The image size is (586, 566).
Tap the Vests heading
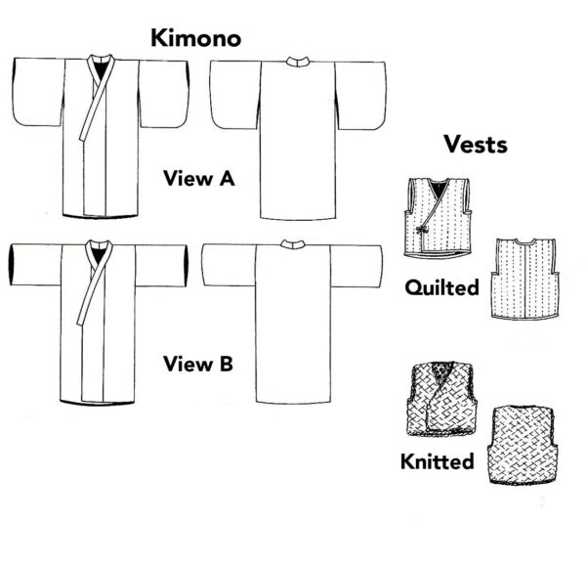click(475, 144)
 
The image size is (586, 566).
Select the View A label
click(198, 179)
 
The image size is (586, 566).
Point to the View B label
click(197, 365)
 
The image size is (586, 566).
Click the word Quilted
click(442, 288)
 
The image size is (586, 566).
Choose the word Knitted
click(438, 459)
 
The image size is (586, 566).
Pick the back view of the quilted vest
click(525, 279)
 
